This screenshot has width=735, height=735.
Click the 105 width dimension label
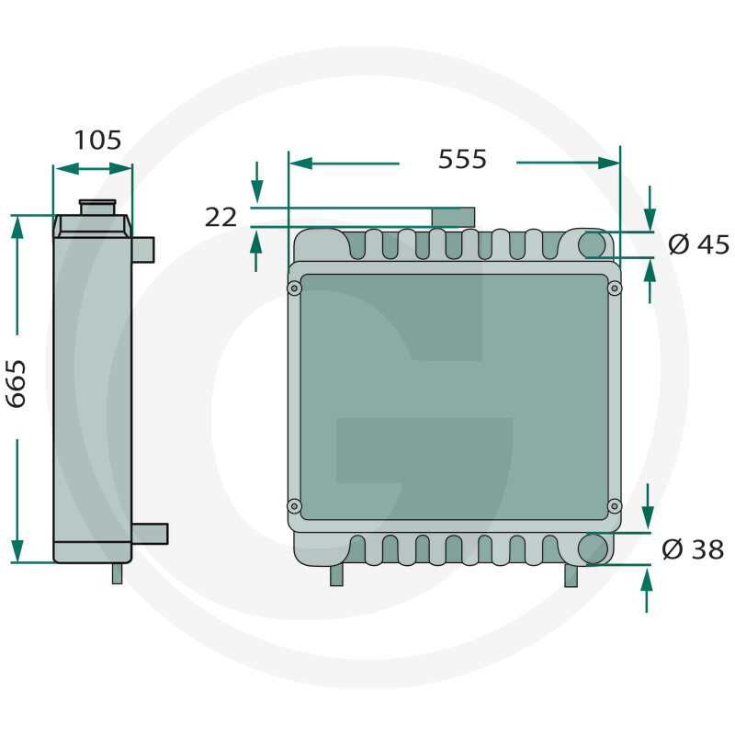pyautogui.click(x=97, y=141)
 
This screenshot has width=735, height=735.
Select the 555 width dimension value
pyautogui.click(x=462, y=159)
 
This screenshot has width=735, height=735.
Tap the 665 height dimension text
pyautogui.click(x=17, y=383)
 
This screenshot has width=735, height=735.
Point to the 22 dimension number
pyautogui.click(x=220, y=217)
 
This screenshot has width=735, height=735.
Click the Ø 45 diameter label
pyautogui.click(x=698, y=244)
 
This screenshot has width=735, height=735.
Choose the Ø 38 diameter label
pyautogui.click(x=693, y=549)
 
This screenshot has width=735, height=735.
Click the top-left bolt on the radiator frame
pyautogui.click(x=294, y=288)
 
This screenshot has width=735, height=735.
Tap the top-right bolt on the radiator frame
pyautogui.click(x=615, y=288)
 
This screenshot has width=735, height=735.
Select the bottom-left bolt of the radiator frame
pyautogui.click(x=294, y=505)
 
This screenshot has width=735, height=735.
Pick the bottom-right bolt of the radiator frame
pyautogui.click(x=615, y=505)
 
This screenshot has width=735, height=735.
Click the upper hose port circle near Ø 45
pyautogui.click(x=593, y=245)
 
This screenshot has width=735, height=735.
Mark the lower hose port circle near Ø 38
pyautogui.click(x=593, y=548)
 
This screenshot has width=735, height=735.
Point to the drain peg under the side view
pyautogui.click(x=117, y=573)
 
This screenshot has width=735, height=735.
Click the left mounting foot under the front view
pyautogui.click(x=337, y=574)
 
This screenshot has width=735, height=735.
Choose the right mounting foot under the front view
pyautogui.click(x=571, y=575)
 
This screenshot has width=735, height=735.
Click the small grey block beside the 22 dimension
pyautogui.click(x=454, y=217)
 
